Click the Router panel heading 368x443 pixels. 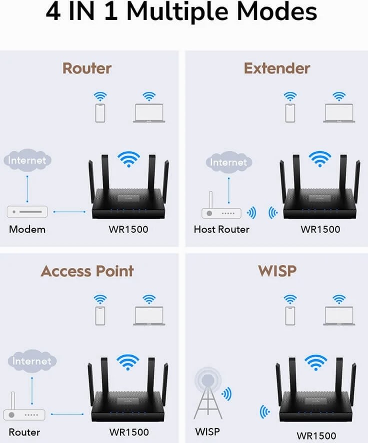click(87, 68)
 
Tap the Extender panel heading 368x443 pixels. click(277, 68)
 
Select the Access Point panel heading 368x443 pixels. click(87, 271)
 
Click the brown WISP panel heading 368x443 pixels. click(277, 271)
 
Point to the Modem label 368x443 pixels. click(27, 229)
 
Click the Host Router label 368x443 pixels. click(221, 229)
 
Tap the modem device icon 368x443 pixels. click(27, 212)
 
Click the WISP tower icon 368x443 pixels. click(208, 394)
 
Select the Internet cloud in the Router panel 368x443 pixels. click(27, 161)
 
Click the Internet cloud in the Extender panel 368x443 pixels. click(228, 162)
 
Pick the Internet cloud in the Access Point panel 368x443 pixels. click(31, 361)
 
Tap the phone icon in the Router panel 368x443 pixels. click(101, 112)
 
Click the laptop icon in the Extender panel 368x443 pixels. click(339, 113)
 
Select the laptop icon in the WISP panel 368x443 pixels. click(339, 316)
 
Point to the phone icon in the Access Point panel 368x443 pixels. click(101, 315)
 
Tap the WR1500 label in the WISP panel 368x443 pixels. click(316, 436)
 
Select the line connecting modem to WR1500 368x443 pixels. click(69, 212)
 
